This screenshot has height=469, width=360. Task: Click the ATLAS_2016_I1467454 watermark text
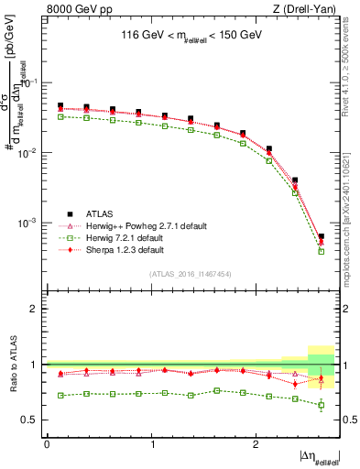(191, 274)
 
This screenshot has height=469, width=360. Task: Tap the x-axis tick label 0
(47, 443)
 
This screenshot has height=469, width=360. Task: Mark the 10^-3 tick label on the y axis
(29, 223)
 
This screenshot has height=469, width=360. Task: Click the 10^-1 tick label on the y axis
(29, 82)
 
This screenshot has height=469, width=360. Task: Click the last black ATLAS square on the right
(321, 236)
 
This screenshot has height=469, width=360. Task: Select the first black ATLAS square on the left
(60, 105)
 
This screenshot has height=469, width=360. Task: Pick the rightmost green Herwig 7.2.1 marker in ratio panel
(321, 405)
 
